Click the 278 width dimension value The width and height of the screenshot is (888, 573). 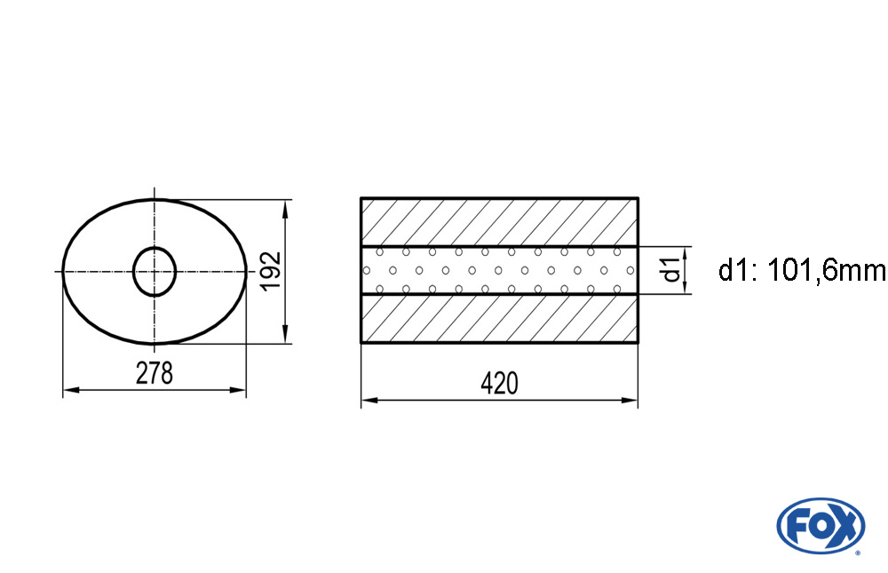[x=155, y=374]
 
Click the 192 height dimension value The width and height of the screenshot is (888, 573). [x=271, y=270]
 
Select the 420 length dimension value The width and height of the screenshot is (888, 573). [x=498, y=384]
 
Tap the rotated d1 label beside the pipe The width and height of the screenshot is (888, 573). [x=672, y=269]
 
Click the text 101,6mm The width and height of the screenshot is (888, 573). [x=825, y=270]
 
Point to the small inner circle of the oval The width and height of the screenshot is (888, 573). [x=155, y=271]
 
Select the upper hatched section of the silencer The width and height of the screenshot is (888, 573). [x=499, y=221]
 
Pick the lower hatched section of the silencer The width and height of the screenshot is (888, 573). [x=499, y=318]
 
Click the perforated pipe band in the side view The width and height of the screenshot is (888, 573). [x=499, y=270]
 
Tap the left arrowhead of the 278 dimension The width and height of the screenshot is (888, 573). [x=69, y=390]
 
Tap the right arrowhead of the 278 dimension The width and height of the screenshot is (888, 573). [x=240, y=390]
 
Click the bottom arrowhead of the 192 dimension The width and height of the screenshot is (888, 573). [x=285, y=335]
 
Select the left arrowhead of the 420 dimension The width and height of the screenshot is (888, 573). [x=368, y=401]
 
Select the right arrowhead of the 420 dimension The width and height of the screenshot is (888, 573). [x=631, y=401]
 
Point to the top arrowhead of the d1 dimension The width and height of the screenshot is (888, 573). [x=690, y=252]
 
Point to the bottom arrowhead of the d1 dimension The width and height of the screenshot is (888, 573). [x=690, y=288]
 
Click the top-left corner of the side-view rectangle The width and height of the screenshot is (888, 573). [x=361, y=198]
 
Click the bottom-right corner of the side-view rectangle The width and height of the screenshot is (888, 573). [x=638, y=343]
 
